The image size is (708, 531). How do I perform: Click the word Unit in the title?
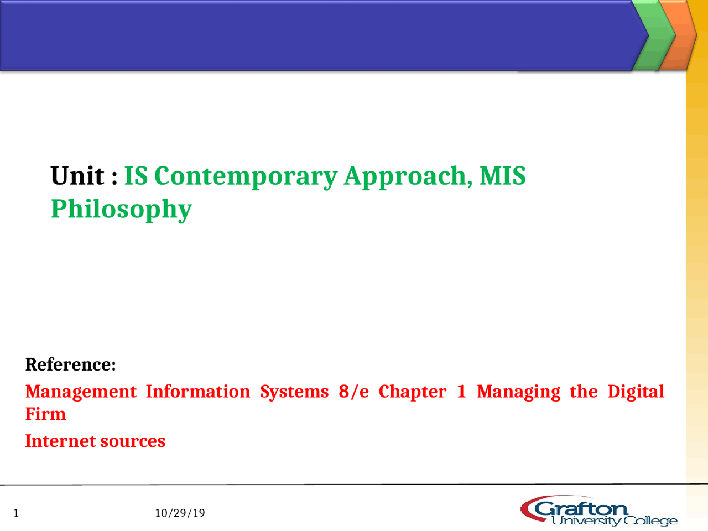pyautogui.click(x=77, y=176)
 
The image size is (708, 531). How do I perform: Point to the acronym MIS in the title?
pyautogui.click(x=502, y=176)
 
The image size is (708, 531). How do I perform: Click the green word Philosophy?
pyautogui.click(x=121, y=209)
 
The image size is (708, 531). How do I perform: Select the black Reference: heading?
pyautogui.click(x=70, y=365)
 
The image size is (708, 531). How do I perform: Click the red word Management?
pyautogui.click(x=81, y=392)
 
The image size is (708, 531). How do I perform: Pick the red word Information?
pyautogui.click(x=198, y=392)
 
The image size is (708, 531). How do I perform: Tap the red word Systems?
pyautogui.click(x=294, y=392)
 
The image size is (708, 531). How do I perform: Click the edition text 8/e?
pyautogui.click(x=353, y=392)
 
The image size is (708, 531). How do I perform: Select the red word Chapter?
pyautogui.click(x=412, y=392)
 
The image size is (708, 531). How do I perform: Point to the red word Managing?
pyautogui.click(x=518, y=392)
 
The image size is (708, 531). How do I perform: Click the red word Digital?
pyautogui.click(x=636, y=392)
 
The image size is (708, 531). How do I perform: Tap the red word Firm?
pyautogui.click(x=45, y=414)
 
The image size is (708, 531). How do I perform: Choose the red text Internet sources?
pyautogui.click(x=95, y=441)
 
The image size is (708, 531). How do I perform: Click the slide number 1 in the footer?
pyautogui.click(x=16, y=513)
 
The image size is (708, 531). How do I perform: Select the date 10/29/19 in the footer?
pyautogui.click(x=180, y=513)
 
